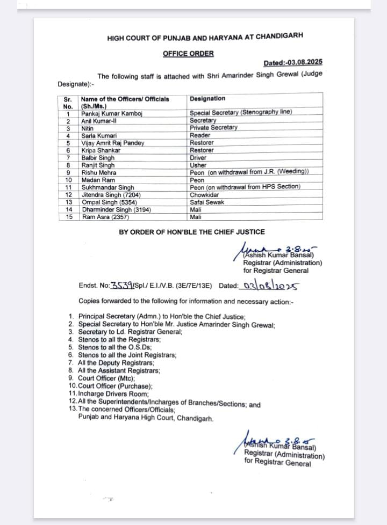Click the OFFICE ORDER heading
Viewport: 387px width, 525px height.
tap(188, 54)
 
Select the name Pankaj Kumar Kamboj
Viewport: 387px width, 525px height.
tap(107, 114)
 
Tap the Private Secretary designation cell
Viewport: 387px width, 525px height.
tap(213, 128)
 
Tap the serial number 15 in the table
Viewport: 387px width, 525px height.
tap(68, 217)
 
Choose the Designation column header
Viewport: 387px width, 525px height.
tap(207, 99)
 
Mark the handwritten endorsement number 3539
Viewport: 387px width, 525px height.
tap(117, 286)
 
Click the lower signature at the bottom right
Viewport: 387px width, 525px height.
tap(274, 440)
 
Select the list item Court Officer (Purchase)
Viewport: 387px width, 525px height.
tap(115, 385)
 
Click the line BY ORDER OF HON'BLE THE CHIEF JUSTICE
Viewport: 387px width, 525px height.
tap(192, 232)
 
